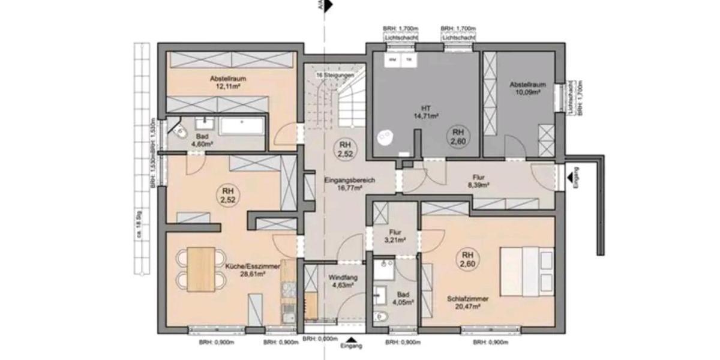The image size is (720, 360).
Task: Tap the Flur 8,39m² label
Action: [478, 181]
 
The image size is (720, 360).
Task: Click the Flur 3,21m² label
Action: [395, 236]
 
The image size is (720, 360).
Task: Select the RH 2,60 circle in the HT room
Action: [458, 136]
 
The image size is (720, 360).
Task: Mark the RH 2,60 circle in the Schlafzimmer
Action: [469, 259]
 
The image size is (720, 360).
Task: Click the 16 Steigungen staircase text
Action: [334, 76]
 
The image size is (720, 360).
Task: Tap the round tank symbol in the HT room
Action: [382, 137]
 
